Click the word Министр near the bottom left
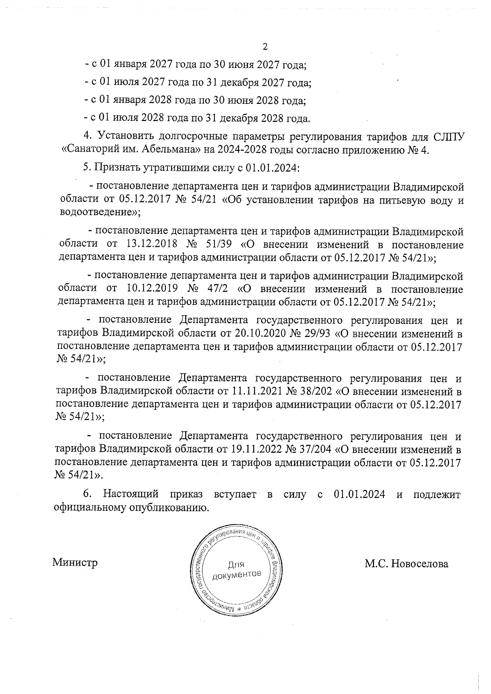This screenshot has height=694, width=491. tap(75, 563)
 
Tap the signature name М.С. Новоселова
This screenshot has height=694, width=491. tap(406, 564)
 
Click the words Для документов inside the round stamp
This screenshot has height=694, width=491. tap(237, 570)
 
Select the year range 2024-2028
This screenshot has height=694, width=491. tap(243, 149)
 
